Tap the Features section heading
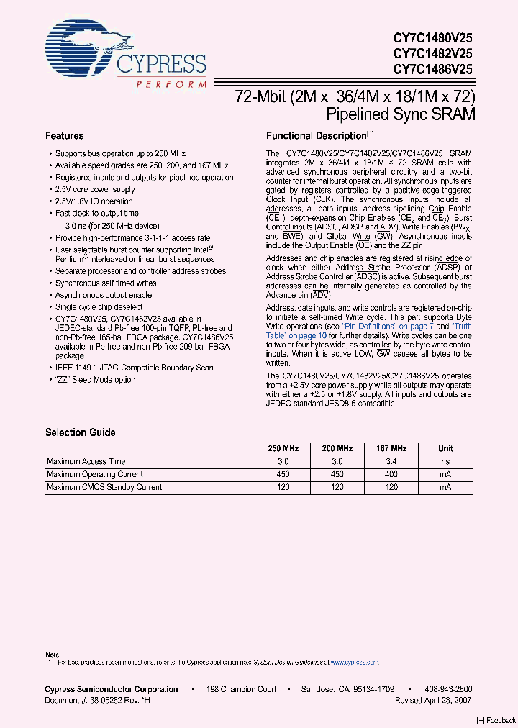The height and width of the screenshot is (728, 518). pos(65,136)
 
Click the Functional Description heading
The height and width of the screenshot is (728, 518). pos(317,136)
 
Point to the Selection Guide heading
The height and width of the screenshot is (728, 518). pos(80,432)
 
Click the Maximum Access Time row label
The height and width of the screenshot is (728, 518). pos(86,461)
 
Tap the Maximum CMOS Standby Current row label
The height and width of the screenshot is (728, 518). pos(104,487)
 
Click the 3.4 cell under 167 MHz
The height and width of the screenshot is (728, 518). pos(391,461)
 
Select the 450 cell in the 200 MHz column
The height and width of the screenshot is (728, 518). pos(337,474)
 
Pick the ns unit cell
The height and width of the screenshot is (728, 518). pos(446,461)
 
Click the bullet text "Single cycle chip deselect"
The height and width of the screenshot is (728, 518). pos(99,307)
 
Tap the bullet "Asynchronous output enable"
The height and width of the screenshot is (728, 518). pos(104,295)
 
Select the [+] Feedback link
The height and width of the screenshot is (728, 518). pos(496,721)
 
